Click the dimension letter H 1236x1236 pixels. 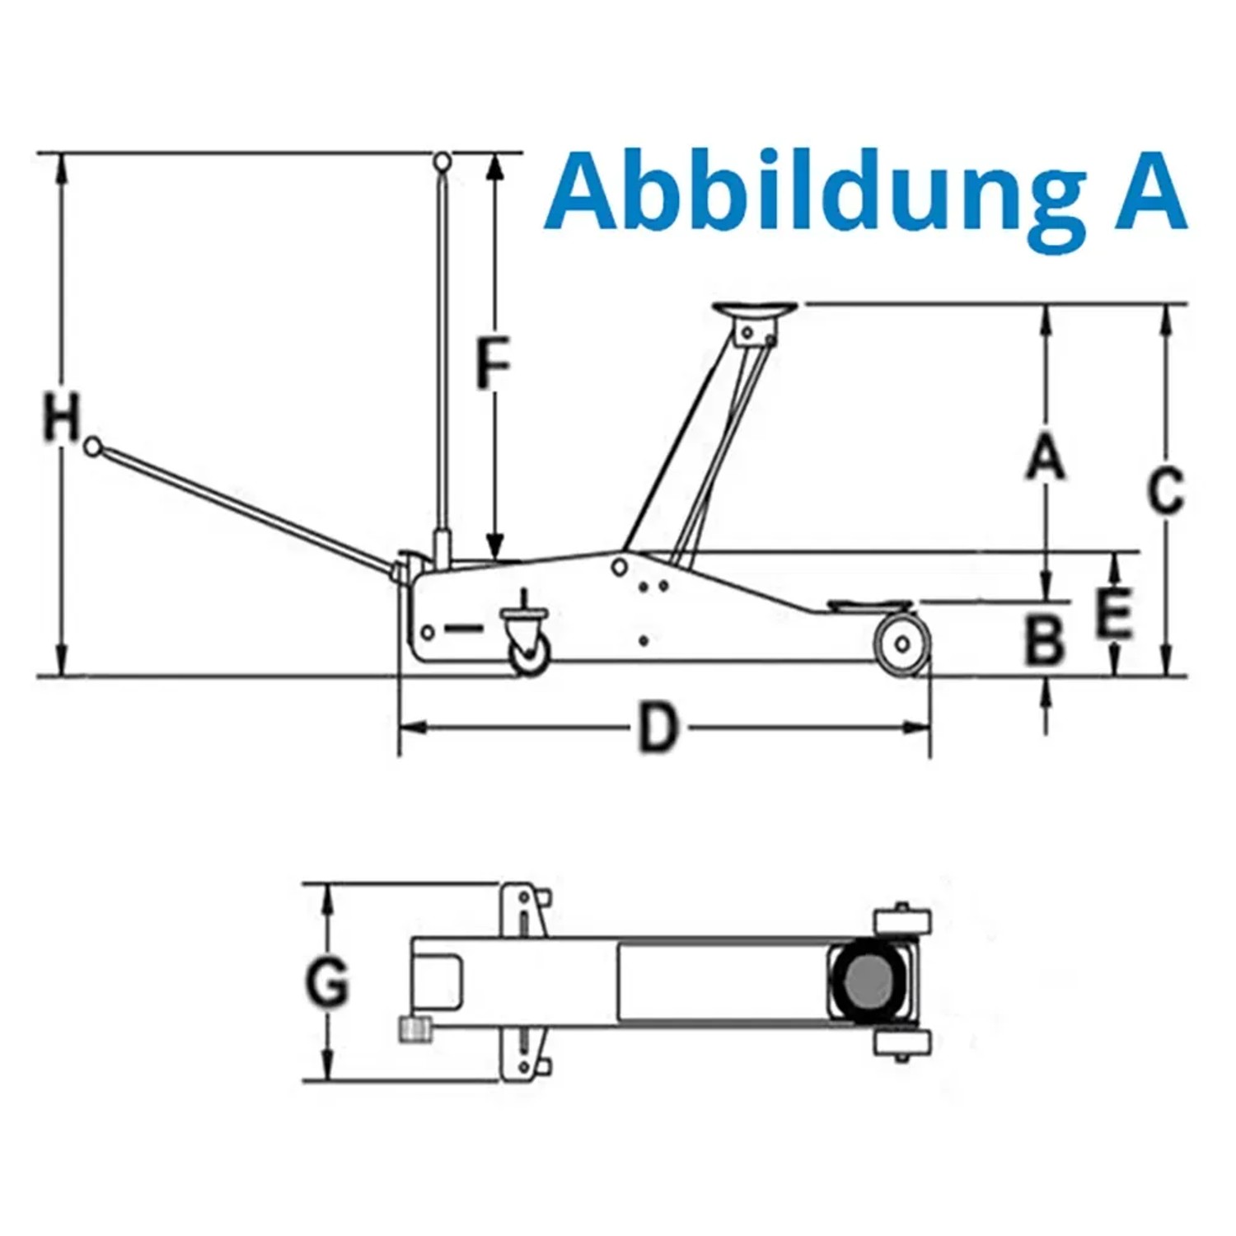[x=62, y=418]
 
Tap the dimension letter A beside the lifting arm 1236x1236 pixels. [x=1046, y=458]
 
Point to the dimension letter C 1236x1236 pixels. [x=1166, y=491]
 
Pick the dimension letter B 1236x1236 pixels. [x=1045, y=640]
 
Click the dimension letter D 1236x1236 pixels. [x=658, y=728]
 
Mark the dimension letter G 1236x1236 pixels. [x=327, y=982]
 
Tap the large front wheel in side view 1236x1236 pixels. [x=902, y=642]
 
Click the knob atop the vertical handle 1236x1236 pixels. [x=442, y=161]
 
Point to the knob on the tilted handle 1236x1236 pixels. [x=93, y=446]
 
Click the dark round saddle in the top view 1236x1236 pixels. [x=867, y=982]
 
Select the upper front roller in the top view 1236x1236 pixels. [x=901, y=920]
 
